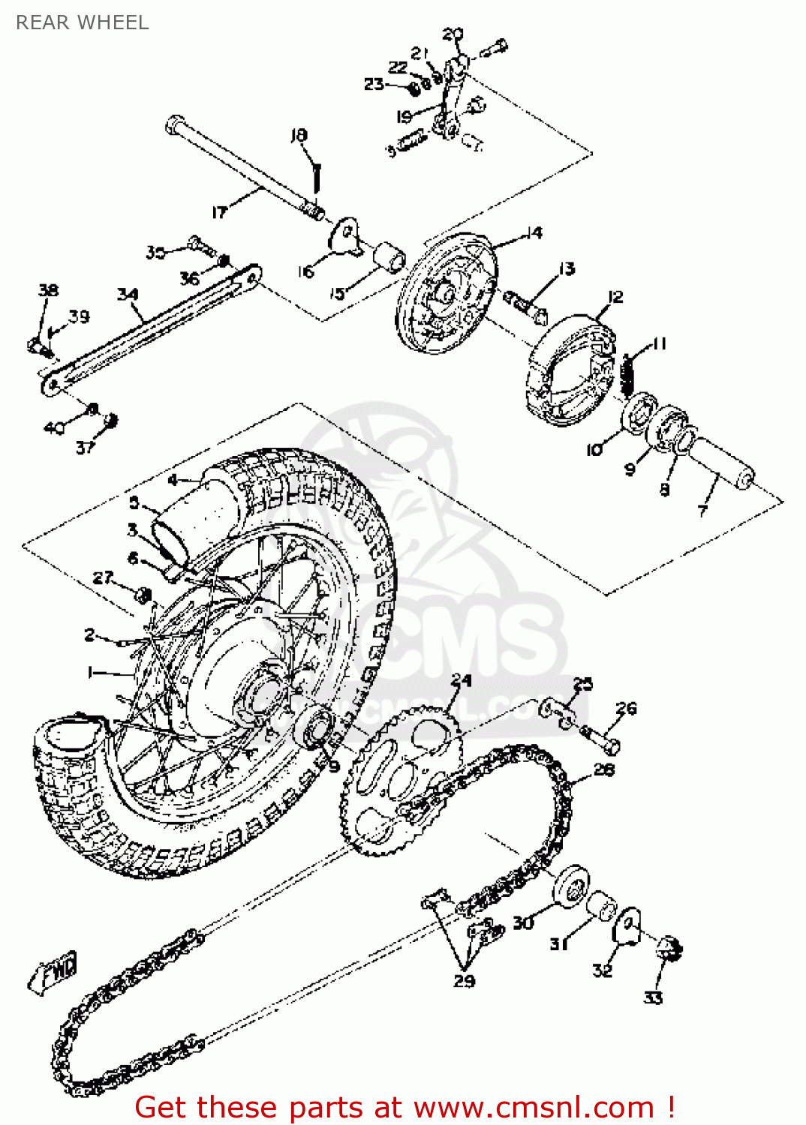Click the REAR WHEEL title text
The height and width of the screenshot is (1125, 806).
pyautogui.click(x=83, y=22)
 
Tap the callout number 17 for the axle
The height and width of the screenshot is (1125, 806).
pyautogui.click(x=218, y=212)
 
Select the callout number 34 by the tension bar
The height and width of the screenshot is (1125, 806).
pyautogui.click(x=128, y=294)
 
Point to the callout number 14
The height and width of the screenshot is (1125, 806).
pyautogui.click(x=534, y=232)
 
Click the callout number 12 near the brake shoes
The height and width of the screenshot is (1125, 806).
pyautogui.click(x=615, y=296)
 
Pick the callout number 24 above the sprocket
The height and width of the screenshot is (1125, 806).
pyautogui.click(x=461, y=679)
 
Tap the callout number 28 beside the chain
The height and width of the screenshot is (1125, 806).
pyautogui.click(x=603, y=769)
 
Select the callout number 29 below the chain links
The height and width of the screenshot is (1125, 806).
pyautogui.click(x=464, y=980)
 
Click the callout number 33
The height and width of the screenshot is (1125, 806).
pyautogui.click(x=653, y=997)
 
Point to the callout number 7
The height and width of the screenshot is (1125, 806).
pyautogui.click(x=702, y=511)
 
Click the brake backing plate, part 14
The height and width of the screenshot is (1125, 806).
pyautogui.click(x=447, y=292)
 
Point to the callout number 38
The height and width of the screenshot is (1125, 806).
pyautogui.click(x=48, y=290)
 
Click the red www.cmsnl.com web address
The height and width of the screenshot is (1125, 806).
pyautogui.click(x=534, y=1108)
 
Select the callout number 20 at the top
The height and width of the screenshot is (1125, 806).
pyautogui.click(x=452, y=34)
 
